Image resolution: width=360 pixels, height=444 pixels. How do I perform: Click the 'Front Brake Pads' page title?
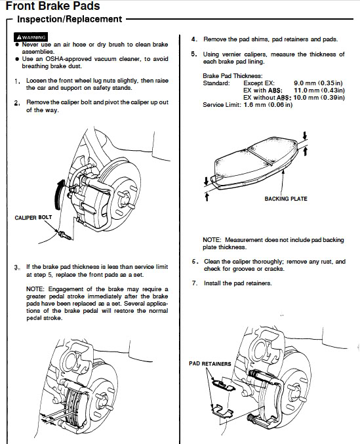tap(53, 6)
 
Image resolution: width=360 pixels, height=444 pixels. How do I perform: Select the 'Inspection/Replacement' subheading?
tap(70, 19)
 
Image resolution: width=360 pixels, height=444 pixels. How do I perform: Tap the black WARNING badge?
tap(31, 37)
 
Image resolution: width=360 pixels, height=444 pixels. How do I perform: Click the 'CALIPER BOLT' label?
tap(33, 218)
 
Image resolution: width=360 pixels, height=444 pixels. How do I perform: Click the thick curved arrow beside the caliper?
tap(58, 194)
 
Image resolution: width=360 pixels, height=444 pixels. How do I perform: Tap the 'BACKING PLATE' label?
tap(286, 199)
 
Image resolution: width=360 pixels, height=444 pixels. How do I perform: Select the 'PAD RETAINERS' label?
tap(210, 363)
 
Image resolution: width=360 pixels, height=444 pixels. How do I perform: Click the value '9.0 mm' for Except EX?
tap(304, 83)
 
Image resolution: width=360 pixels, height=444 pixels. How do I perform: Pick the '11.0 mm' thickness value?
tap(304, 91)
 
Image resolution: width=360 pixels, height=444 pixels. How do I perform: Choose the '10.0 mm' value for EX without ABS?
tap(304, 98)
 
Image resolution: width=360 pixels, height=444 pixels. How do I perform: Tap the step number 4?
tap(194, 39)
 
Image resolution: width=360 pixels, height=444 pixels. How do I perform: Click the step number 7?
tap(195, 283)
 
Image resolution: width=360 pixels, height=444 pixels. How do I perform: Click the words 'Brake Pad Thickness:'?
tap(233, 76)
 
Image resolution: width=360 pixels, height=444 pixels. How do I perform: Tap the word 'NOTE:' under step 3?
tap(35, 289)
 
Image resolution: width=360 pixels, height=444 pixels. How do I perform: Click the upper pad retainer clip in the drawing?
tap(223, 385)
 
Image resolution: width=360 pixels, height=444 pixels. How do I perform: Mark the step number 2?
tap(17, 103)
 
